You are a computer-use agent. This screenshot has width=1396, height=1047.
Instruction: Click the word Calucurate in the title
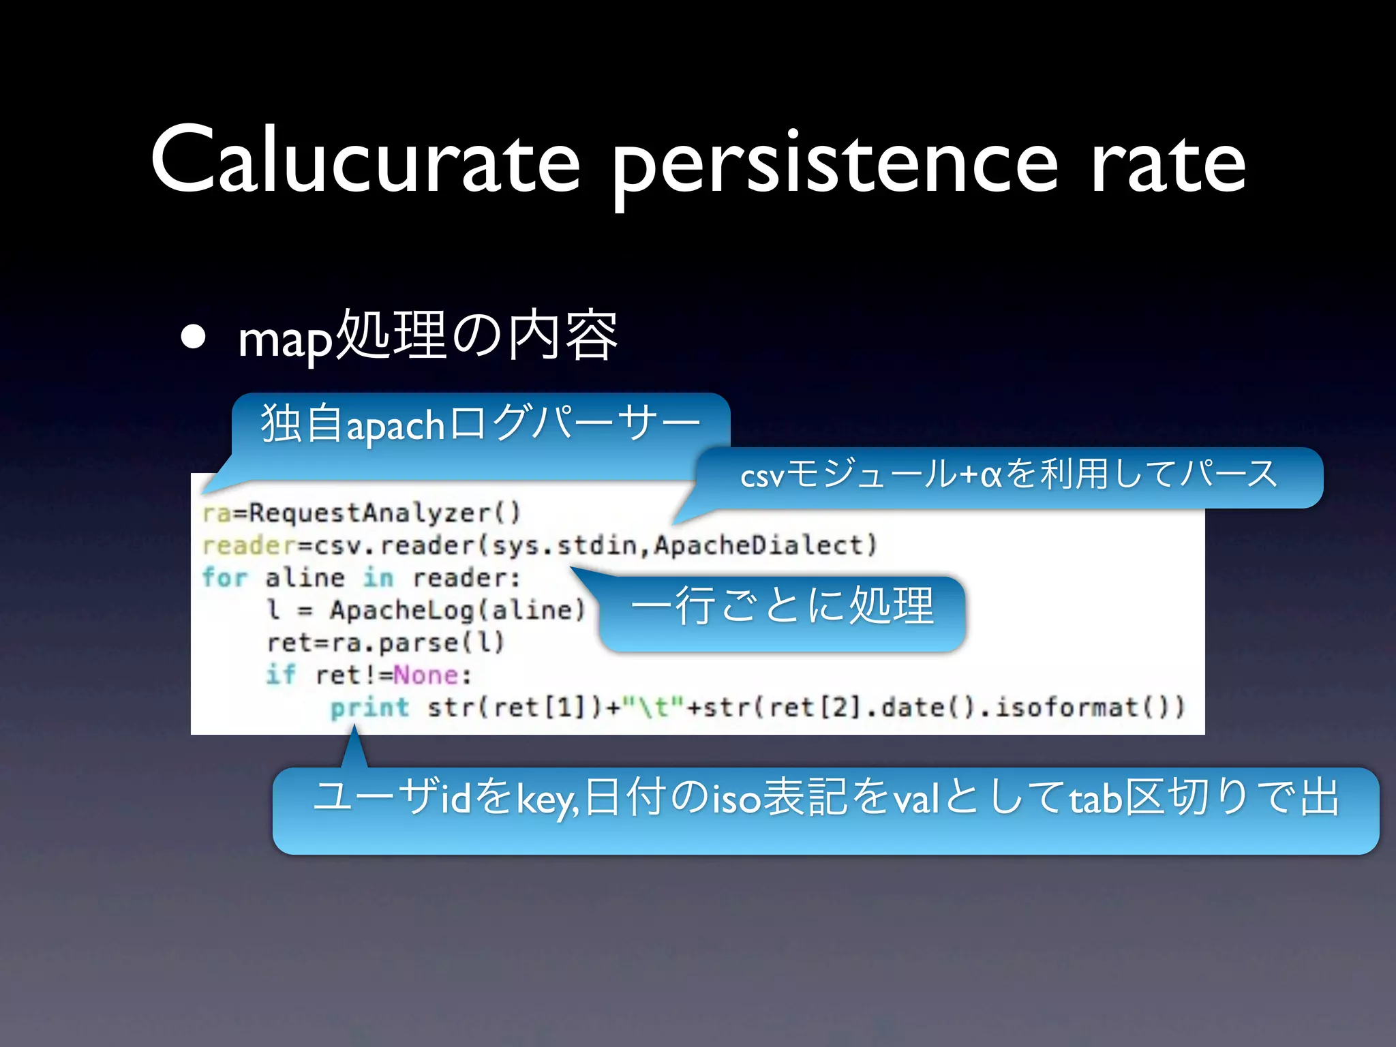coord(365,161)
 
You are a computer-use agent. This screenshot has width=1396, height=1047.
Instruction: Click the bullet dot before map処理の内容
coord(194,337)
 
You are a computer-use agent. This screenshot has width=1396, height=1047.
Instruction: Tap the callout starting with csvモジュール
coord(1009,475)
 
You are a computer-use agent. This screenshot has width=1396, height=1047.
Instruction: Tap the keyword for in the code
coord(224,578)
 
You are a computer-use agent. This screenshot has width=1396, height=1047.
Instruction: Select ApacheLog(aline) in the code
coord(457,610)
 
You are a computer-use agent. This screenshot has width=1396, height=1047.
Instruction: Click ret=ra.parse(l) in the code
coord(386,643)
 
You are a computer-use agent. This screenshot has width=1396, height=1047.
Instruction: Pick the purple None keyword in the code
coord(426,676)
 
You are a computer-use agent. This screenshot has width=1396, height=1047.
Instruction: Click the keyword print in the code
coord(369,708)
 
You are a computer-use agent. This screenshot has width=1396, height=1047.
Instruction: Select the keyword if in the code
coord(280,676)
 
